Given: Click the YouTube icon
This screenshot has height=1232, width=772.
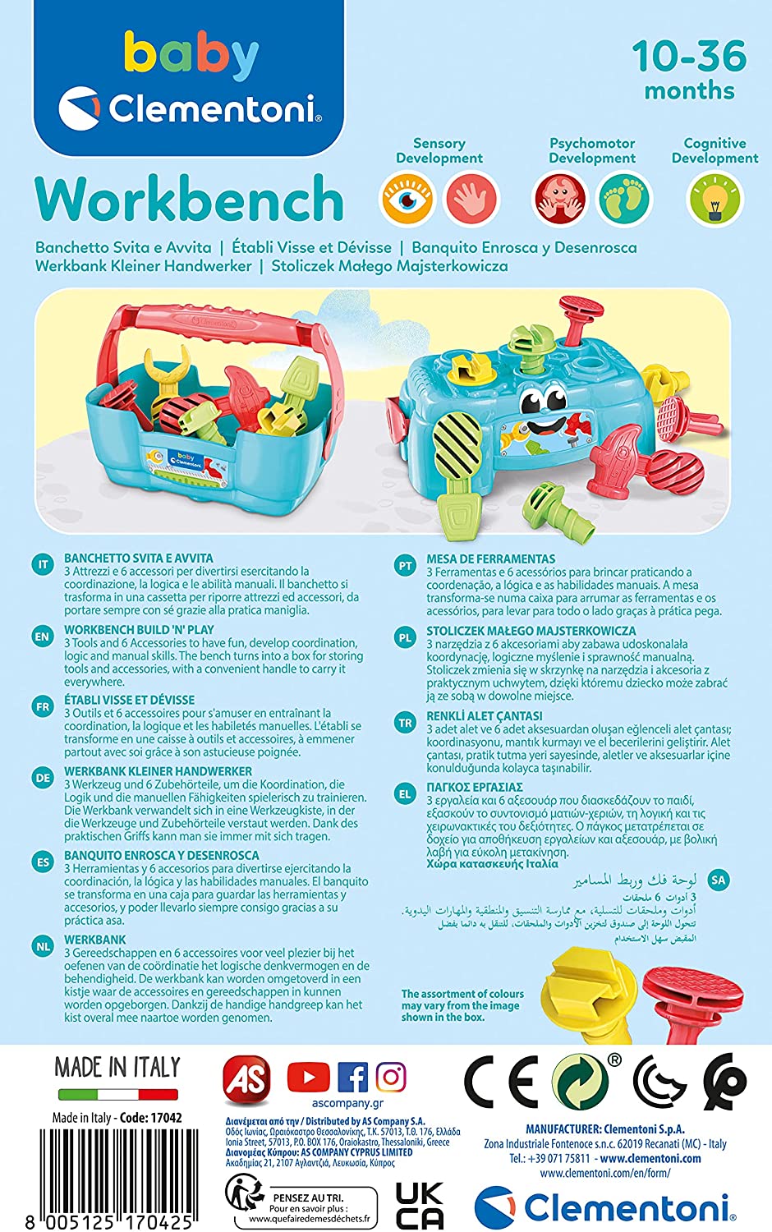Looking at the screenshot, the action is point(308,1077).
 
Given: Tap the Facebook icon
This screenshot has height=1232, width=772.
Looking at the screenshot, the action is point(352,1077).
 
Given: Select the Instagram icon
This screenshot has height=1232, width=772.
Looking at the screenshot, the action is point(391,1077).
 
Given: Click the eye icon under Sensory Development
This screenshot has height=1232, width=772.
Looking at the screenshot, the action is point(407,199).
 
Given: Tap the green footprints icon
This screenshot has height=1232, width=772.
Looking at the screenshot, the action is point(623,199).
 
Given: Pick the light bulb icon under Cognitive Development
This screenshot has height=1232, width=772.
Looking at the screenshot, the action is point(715,199).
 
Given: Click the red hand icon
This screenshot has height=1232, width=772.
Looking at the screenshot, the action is point(471,199).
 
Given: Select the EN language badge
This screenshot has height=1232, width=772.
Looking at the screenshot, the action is point(43,637).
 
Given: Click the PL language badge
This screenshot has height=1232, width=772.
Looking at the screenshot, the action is point(405,638).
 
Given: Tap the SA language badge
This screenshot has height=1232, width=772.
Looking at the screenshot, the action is point(719,880).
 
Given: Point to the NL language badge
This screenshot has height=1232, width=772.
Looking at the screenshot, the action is point(43,947).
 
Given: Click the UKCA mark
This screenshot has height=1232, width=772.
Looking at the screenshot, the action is point(420,1207).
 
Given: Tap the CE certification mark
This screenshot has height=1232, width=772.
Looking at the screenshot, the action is point(501,1083).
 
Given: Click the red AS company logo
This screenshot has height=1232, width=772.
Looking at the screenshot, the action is point(247,1080).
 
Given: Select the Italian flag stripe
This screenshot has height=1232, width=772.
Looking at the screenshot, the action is point(118,1095).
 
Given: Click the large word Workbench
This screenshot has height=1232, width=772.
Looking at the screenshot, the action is point(189,199).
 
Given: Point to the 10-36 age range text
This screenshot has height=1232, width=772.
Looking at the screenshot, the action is point(690,56).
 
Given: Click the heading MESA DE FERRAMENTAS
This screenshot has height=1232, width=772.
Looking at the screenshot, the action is point(491,559).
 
